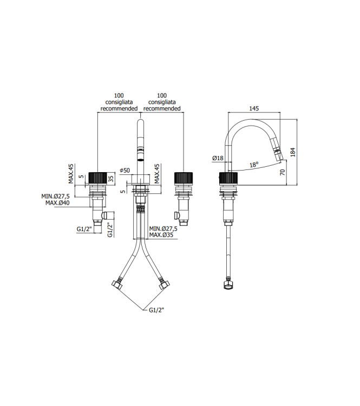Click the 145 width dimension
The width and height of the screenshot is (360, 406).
(254, 108)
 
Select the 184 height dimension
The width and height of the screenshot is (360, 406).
(293, 152)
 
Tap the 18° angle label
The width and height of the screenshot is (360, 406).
(254, 165)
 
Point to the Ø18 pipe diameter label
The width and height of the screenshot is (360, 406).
(218, 158)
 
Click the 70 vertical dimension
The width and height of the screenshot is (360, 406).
(282, 172)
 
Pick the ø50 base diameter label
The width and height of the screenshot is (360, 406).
(125, 171)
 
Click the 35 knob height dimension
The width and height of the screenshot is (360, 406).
(111, 179)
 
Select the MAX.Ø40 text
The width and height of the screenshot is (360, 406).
(57, 203)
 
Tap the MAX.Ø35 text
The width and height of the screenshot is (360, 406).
(161, 235)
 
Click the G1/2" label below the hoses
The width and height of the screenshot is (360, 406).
(156, 310)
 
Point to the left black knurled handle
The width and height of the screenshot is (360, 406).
(98, 178)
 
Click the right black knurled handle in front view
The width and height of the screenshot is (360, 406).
(184, 178)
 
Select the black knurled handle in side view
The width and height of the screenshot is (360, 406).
(228, 178)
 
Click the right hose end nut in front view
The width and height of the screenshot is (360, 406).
(164, 284)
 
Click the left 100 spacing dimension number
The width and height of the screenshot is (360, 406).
(119, 95)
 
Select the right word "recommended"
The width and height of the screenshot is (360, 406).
(162, 108)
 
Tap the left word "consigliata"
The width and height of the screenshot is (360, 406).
(119, 102)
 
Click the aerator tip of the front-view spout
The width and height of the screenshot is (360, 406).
(140, 158)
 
